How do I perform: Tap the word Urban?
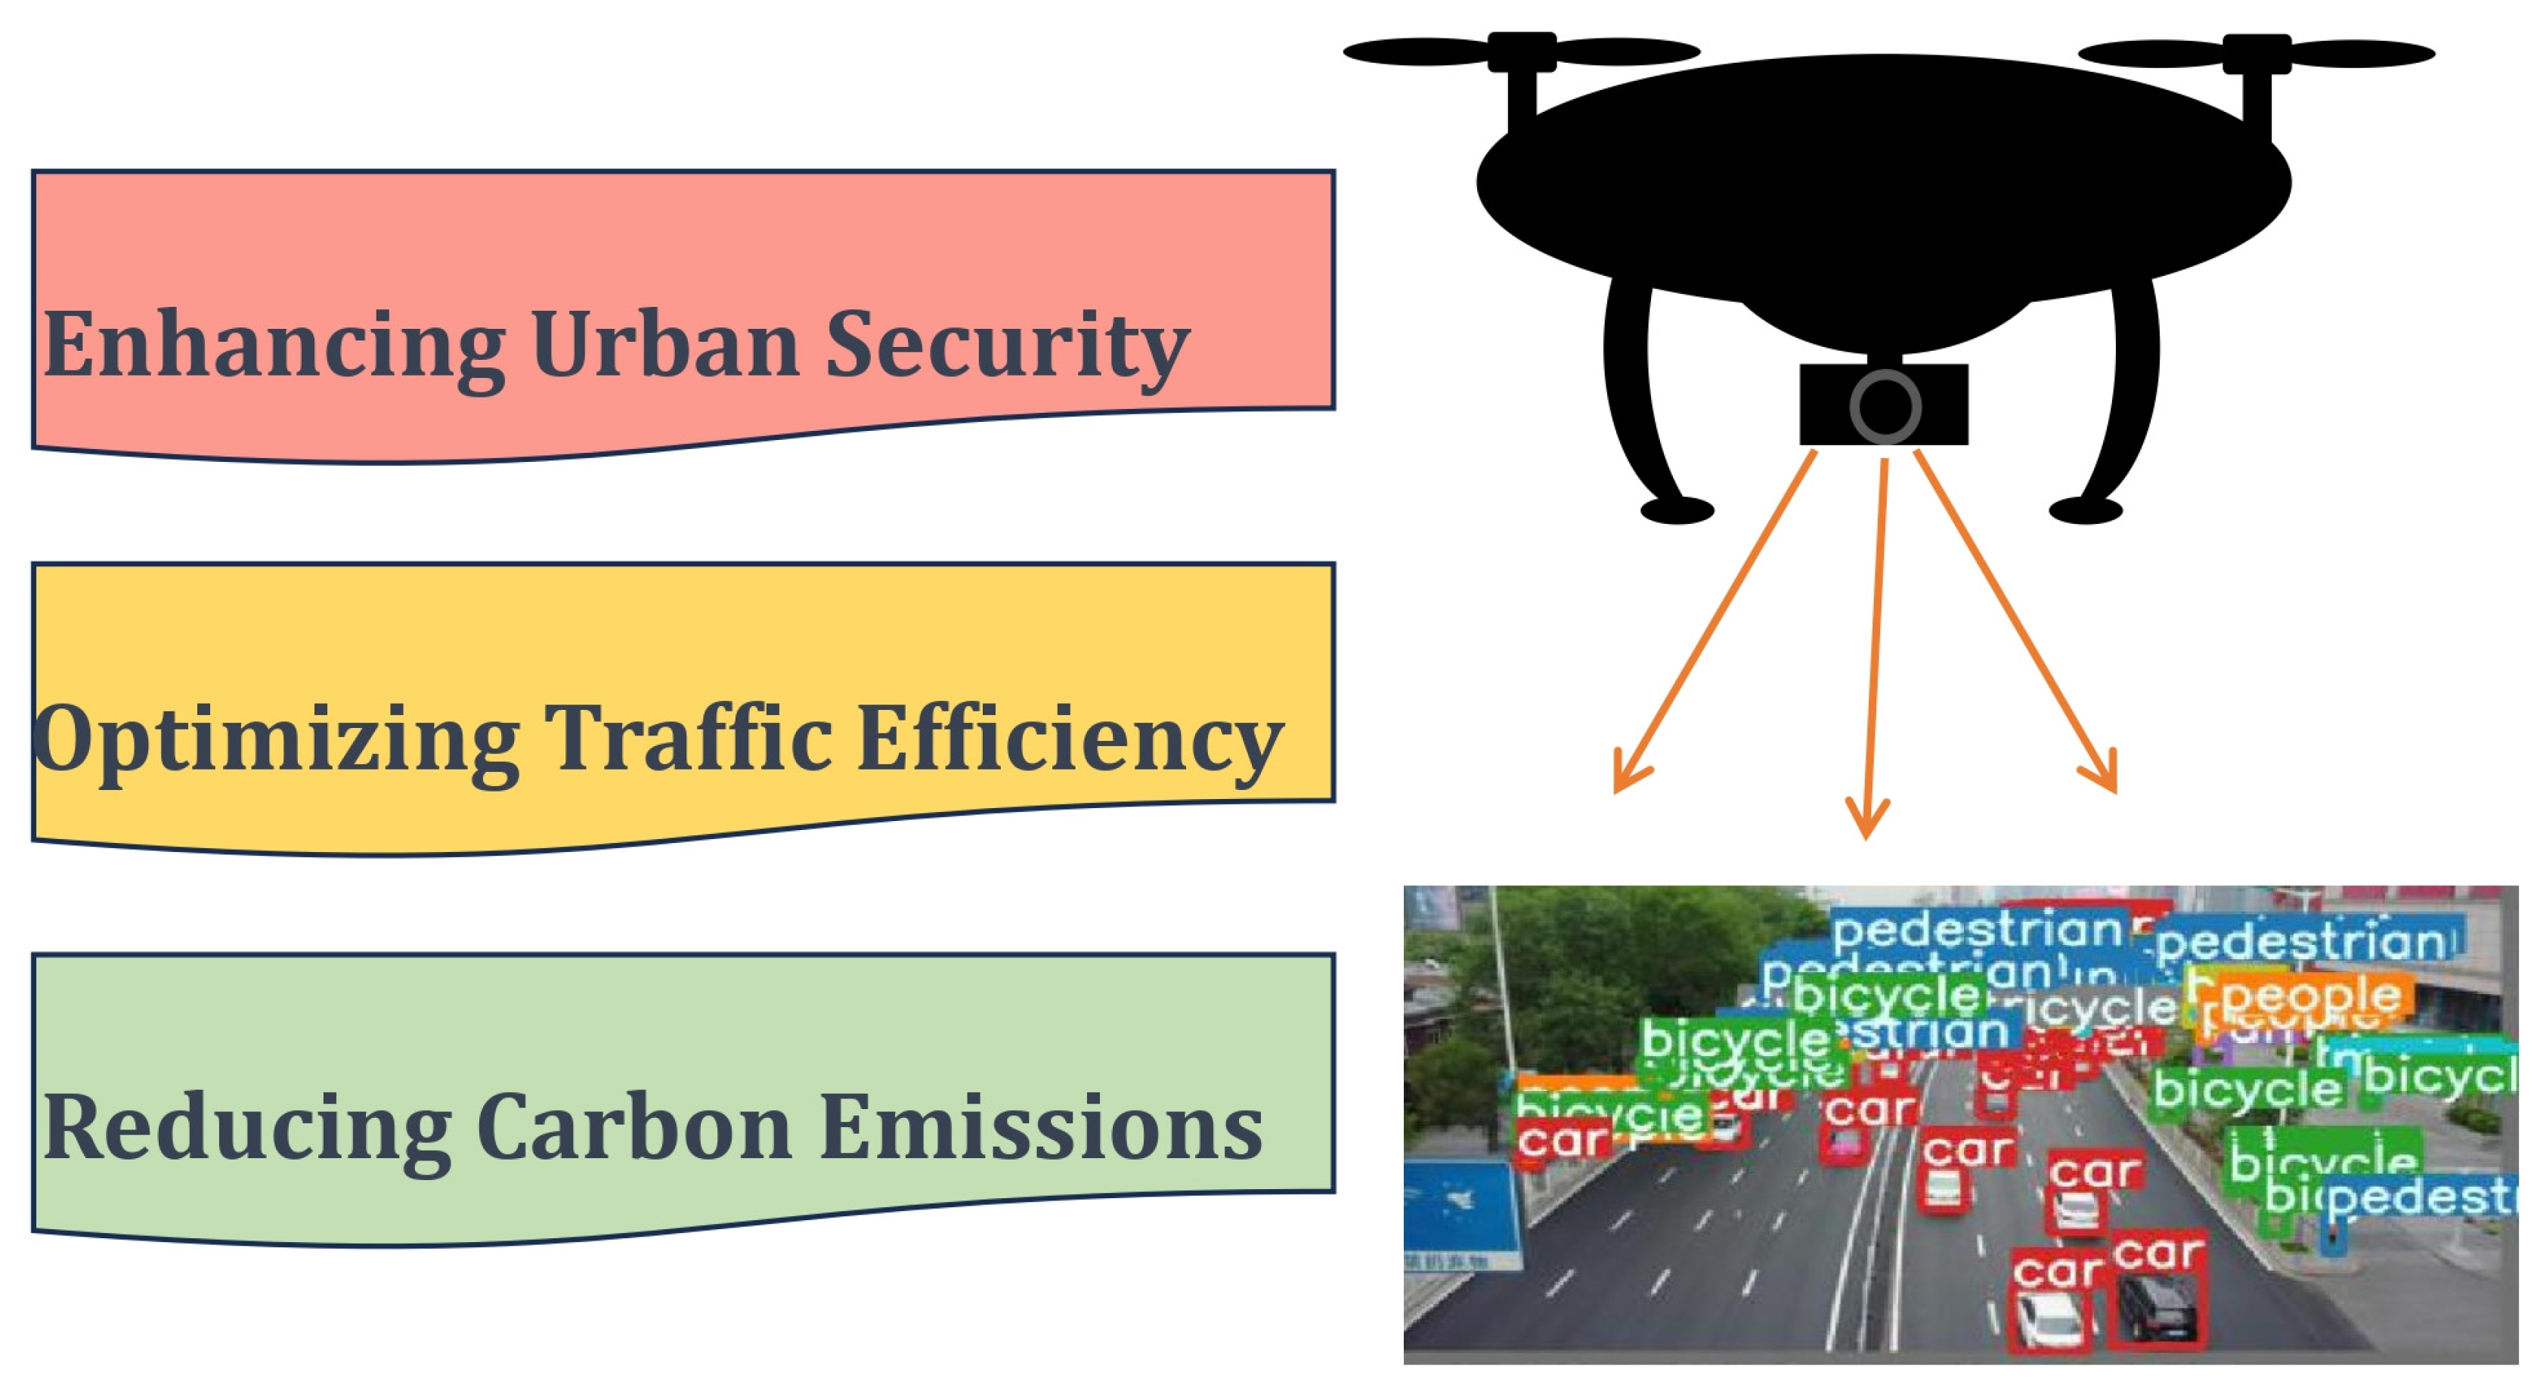pyautogui.click(x=664, y=344)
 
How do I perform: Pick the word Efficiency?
pyautogui.click(x=1070, y=739)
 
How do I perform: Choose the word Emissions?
pyautogui.click(x=1040, y=1128)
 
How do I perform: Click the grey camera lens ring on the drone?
pyautogui.click(x=1885, y=405)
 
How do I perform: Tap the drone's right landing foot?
pyautogui.click(x=2084, y=510)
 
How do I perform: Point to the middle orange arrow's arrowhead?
pyautogui.click(x=1866, y=824)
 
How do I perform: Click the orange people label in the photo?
pyautogui.click(x=2307, y=995)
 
